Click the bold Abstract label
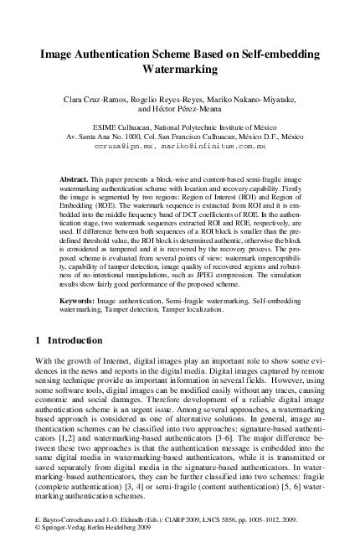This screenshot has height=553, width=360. pos(74,180)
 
